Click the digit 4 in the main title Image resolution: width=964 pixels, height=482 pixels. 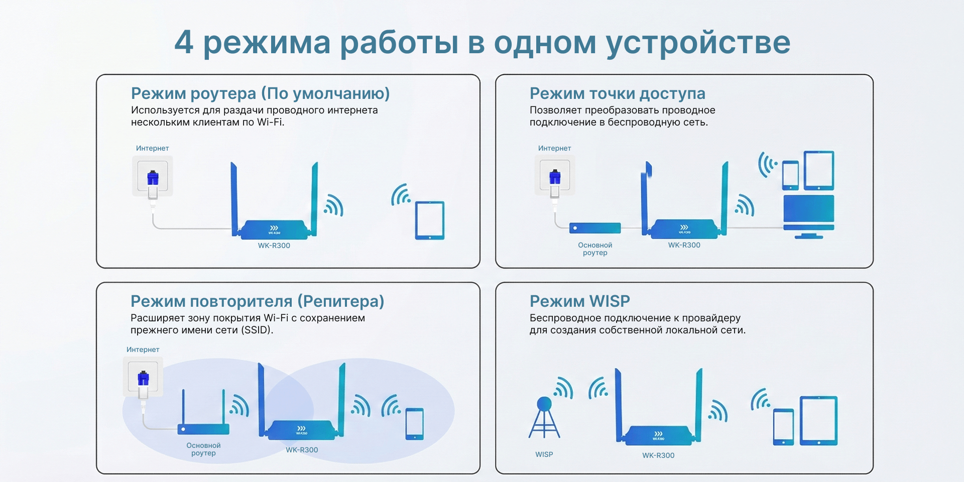(x=184, y=42)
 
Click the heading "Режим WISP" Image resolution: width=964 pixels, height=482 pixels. (x=579, y=301)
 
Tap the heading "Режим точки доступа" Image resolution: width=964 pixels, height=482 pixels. (x=617, y=93)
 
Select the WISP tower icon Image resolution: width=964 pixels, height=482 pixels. (x=544, y=417)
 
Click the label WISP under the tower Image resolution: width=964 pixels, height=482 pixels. (x=544, y=454)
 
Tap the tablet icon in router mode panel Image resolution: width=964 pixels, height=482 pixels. (x=430, y=220)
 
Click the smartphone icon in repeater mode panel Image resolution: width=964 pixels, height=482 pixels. (x=415, y=424)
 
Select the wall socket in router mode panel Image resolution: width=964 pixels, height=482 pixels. (x=153, y=176)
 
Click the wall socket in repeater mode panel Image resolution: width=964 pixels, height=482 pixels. (x=143, y=377)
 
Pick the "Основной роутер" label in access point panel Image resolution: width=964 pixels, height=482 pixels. (x=595, y=249)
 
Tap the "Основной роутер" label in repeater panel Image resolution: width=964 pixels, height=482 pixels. (x=203, y=449)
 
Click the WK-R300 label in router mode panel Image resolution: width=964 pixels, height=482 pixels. (x=274, y=246)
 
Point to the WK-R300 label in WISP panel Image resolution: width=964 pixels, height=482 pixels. (x=658, y=455)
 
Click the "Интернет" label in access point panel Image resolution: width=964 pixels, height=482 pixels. (x=554, y=148)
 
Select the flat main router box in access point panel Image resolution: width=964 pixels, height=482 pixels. (x=595, y=228)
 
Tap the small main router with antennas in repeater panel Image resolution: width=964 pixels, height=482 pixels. (x=203, y=412)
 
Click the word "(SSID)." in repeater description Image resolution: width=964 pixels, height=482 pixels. (x=257, y=330)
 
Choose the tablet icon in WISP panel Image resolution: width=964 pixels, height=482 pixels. (x=818, y=421)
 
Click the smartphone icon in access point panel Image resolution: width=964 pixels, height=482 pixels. (x=790, y=175)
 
